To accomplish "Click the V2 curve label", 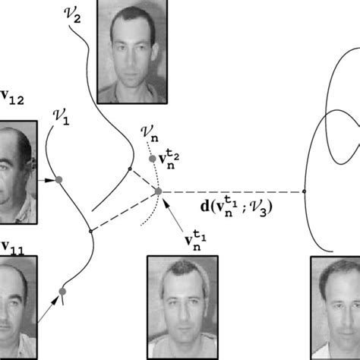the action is tap(72, 15).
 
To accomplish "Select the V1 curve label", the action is tap(62, 117).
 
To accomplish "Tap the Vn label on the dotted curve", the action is tap(150, 134).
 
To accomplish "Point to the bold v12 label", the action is tap(12, 98).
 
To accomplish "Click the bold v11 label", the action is tap(13, 248).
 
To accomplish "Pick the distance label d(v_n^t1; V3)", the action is tap(236, 207).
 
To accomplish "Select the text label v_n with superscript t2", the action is tap(169, 159).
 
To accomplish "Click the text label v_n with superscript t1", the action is tap(195, 240).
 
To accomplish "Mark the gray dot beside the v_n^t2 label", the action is tap(153, 159).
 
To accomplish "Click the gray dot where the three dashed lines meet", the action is tap(158, 191).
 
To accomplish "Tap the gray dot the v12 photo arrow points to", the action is tap(59, 180).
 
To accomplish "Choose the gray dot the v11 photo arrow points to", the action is tap(62, 292).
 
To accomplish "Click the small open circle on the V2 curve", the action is tap(130, 169).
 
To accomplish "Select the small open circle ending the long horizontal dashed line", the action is tap(305, 191).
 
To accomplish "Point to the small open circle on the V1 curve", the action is tap(90, 231).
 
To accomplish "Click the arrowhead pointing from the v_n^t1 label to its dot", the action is tap(166, 204).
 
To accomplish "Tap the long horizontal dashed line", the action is tap(232, 192).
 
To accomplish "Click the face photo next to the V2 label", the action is tap(132, 52).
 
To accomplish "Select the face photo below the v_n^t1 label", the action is tap(182, 308).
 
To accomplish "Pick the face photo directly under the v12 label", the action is tap(18, 172).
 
